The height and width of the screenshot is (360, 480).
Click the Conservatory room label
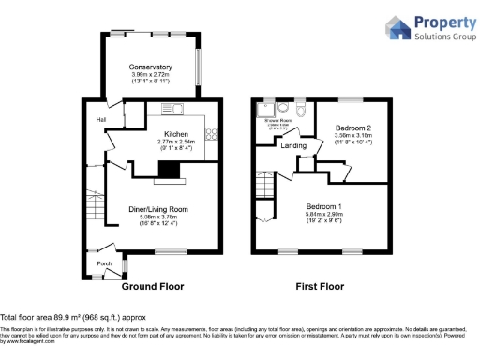coord(151,67)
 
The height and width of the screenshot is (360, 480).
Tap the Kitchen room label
coord(176,134)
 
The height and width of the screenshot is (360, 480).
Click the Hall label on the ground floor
coord(100,120)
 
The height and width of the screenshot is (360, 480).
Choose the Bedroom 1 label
coord(322,206)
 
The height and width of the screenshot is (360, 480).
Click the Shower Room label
coord(279,121)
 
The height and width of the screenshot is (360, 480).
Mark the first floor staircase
coord(264,190)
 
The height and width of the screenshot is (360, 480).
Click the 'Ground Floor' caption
coord(152,286)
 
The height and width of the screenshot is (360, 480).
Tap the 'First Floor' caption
coord(322,286)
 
